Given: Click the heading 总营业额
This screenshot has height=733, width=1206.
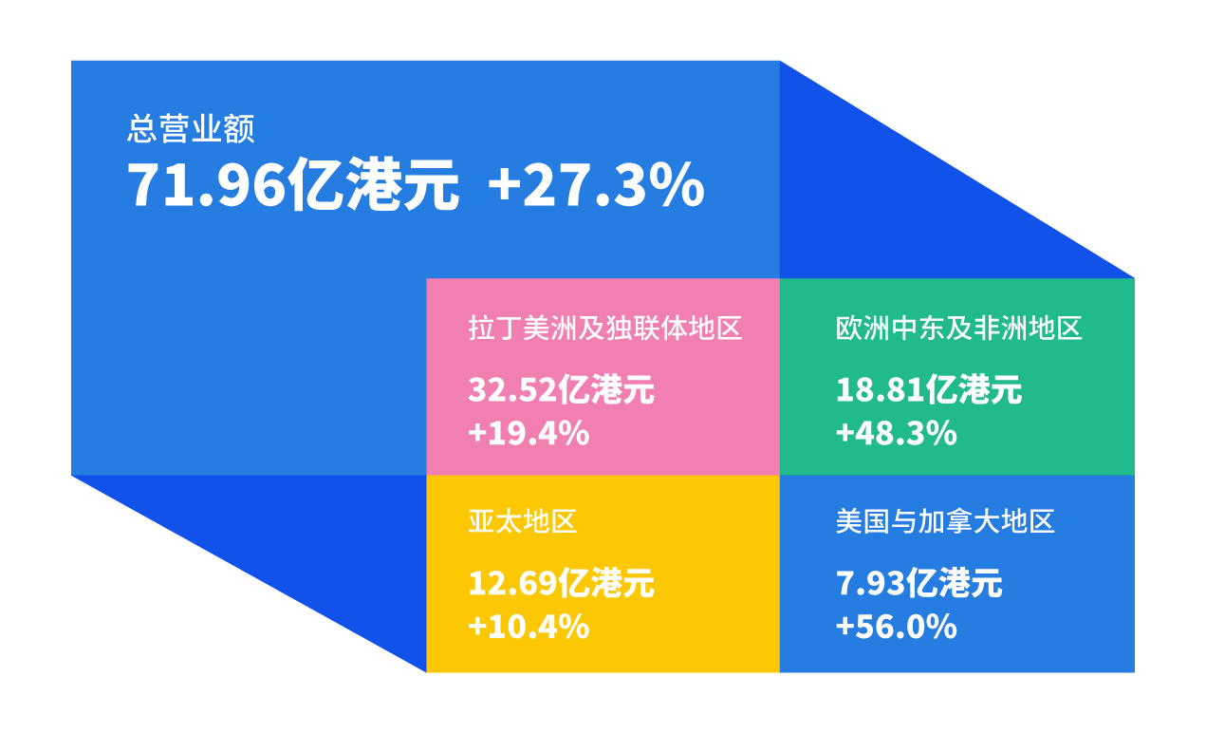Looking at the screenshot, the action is point(191,129).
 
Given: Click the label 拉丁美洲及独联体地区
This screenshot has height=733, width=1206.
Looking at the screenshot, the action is point(605,328).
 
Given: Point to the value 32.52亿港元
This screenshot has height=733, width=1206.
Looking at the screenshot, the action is point(561,389).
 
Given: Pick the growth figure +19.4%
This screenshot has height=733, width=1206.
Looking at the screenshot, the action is point(529,433).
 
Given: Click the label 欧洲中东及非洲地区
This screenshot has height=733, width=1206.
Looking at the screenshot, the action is point(959,328).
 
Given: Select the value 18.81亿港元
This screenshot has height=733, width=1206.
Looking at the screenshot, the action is point(929,389).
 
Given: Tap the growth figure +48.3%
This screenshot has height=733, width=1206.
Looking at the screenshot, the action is point(897,433).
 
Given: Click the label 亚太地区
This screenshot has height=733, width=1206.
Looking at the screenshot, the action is point(523,521).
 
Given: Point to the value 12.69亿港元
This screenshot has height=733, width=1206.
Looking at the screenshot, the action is point(561,583).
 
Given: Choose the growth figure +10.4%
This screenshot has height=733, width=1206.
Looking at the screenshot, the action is point(529,627).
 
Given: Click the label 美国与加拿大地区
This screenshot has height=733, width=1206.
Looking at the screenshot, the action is point(945,521).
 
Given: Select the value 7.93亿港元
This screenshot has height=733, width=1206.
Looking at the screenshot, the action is point(918,583).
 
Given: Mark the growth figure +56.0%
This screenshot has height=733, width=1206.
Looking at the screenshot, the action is point(897,627).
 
